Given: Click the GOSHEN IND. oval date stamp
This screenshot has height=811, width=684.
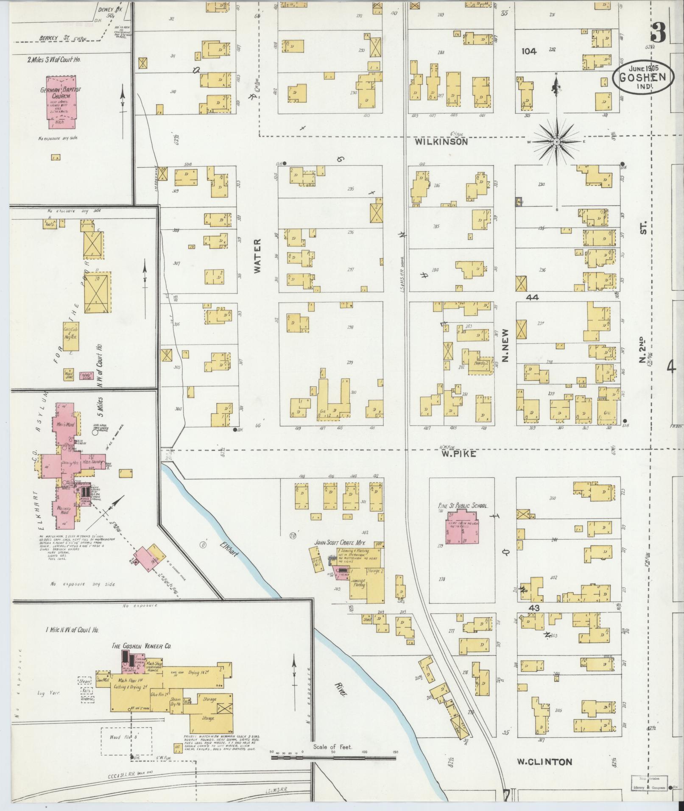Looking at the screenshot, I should point(642,77).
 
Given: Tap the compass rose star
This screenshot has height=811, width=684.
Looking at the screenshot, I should point(556,142).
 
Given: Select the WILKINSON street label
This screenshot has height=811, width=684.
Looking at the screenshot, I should point(441,142).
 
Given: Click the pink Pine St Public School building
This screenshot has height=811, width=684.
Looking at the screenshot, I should point(462,526).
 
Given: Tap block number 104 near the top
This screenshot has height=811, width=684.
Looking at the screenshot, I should point(529,51).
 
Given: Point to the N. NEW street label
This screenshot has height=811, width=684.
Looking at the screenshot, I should point(505,346).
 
